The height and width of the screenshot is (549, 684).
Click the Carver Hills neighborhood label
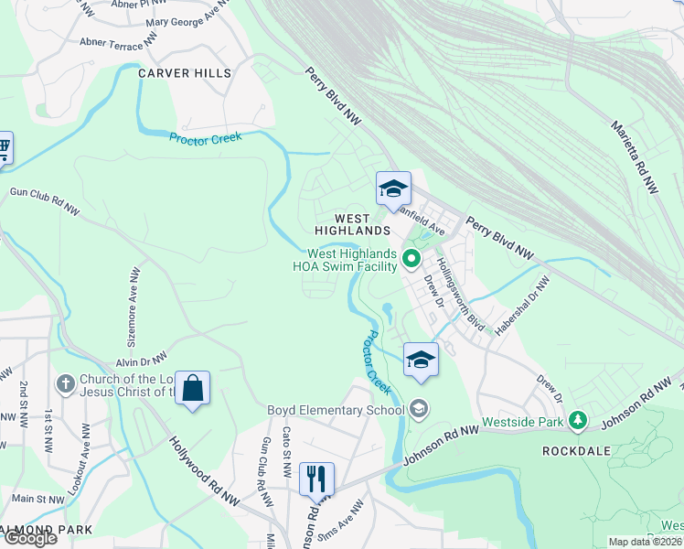click(x=184, y=73)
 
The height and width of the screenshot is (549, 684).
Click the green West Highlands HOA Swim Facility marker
click(x=411, y=260)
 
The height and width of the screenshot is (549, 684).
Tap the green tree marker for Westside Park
click(x=577, y=421)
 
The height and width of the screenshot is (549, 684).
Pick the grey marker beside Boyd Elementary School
click(x=419, y=409)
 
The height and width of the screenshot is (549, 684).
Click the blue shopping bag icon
click(x=193, y=389)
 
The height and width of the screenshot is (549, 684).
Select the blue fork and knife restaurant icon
click(x=316, y=478)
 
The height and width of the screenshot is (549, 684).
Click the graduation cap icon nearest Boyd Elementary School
click(x=421, y=358)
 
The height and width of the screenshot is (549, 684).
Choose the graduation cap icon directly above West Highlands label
click(x=393, y=189)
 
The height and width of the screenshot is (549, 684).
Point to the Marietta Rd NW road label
click(x=635, y=156)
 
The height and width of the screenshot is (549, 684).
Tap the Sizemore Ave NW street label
click(x=134, y=297)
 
